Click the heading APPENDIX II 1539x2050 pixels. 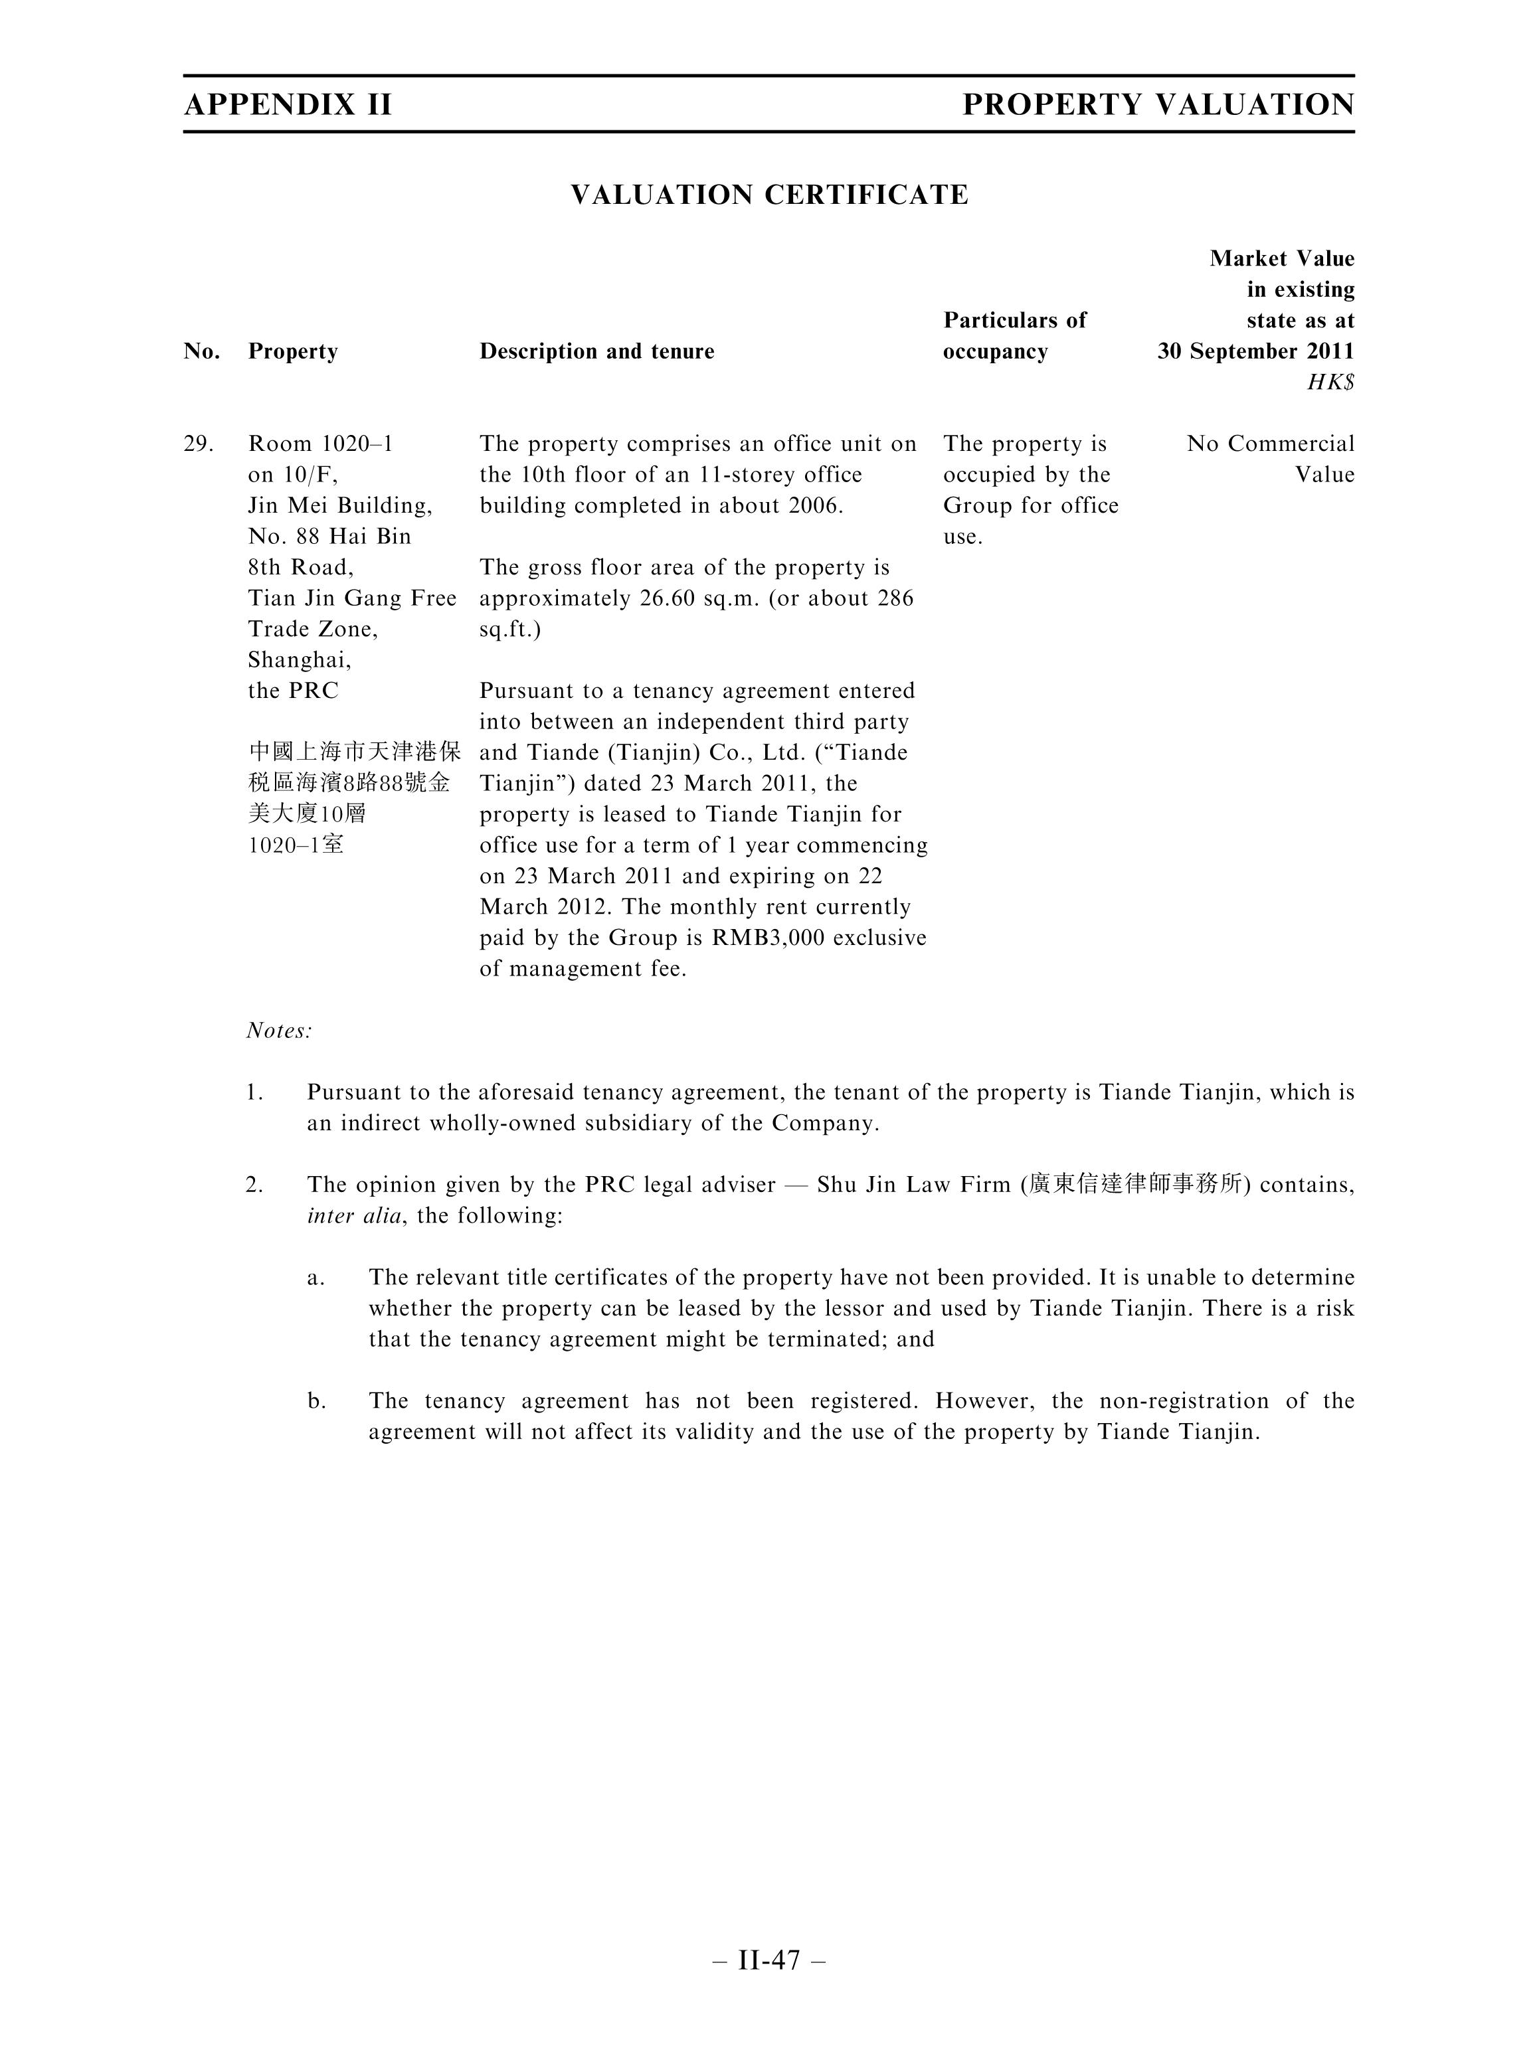coord(288,105)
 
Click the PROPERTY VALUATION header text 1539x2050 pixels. coord(1158,105)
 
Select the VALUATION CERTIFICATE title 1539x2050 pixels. coord(769,195)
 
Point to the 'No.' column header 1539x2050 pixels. coord(202,351)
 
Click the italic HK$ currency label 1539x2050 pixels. coord(1330,382)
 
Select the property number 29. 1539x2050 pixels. coord(199,444)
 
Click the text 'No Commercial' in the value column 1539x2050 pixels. coord(1270,444)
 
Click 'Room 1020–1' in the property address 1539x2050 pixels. coord(321,444)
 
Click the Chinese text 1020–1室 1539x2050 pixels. coord(296,844)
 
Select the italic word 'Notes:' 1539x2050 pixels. coord(279,1031)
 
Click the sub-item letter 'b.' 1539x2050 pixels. coord(316,1401)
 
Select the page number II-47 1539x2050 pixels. coord(769,1960)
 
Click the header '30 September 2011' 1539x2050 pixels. coord(1255,351)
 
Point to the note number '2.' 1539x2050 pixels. coord(254,1185)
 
